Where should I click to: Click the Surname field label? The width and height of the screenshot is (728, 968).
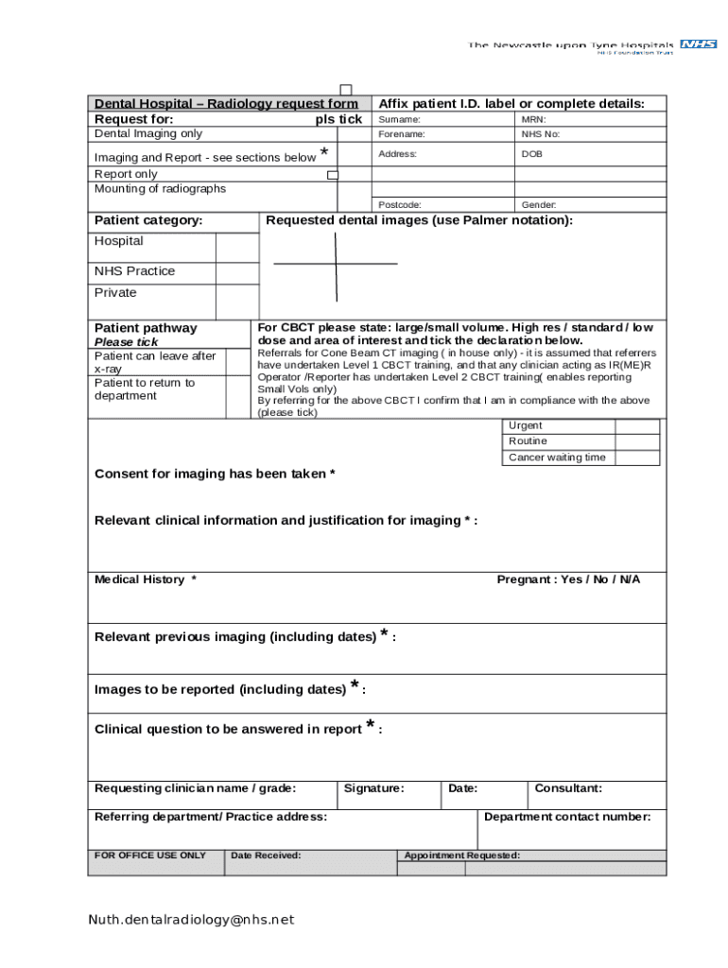click(399, 120)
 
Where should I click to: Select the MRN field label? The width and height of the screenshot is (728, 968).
click(533, 120)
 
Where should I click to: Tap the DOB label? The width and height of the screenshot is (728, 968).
click(531, 153)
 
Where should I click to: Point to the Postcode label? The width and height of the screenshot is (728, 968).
click(400, 204)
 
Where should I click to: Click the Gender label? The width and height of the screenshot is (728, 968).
click(539, 204)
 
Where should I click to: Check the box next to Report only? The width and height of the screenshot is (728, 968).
click(333, 175)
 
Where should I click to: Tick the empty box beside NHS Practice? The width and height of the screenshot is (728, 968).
click(236, 272)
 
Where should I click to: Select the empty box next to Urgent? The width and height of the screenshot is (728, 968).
click(637, 425)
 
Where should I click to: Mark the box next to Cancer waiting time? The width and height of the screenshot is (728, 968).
click(637, 458)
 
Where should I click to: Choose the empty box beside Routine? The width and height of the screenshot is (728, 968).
click(637, 441)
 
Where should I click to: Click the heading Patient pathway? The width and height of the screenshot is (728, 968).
click(146, 328)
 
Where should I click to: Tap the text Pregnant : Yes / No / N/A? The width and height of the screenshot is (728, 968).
click(568, 579)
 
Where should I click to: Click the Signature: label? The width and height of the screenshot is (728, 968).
click(373, 788)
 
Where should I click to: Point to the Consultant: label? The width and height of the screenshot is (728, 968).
click(568, 788)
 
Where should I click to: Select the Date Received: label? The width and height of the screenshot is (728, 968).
click(266, 856)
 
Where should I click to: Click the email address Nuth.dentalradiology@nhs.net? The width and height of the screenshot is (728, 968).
click(192, 919)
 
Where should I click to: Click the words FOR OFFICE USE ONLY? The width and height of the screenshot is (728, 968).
click(149, 856)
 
